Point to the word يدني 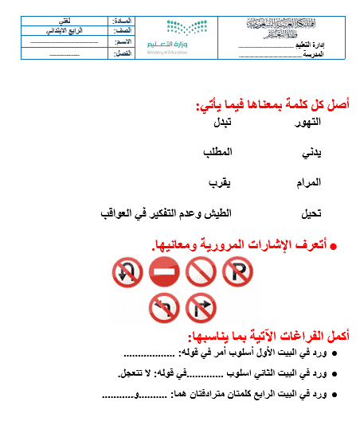[x=311, y=151]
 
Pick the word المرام [x=307, y=182]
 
